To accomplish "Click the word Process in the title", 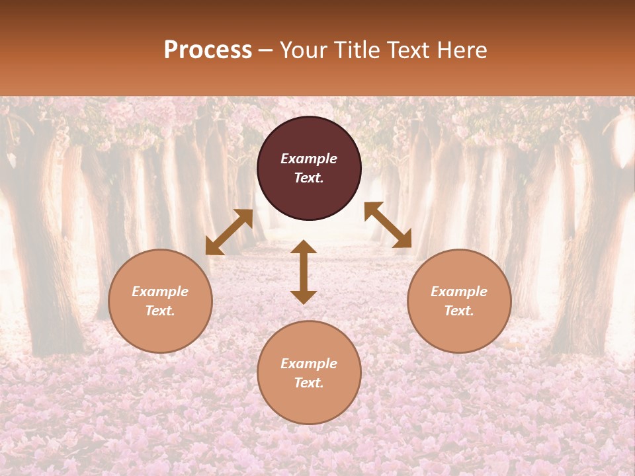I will coord(208,50).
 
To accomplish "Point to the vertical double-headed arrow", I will coord(304,272).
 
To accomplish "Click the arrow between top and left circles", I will coord(229,232).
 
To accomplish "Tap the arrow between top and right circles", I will coord(388,225).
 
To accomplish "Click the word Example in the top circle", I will coord(309,159).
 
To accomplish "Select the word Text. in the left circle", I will coord(160,311).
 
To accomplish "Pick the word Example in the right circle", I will coord(459,292).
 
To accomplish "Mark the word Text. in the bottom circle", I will coord(309,383).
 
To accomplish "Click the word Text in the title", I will coord(407,50).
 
